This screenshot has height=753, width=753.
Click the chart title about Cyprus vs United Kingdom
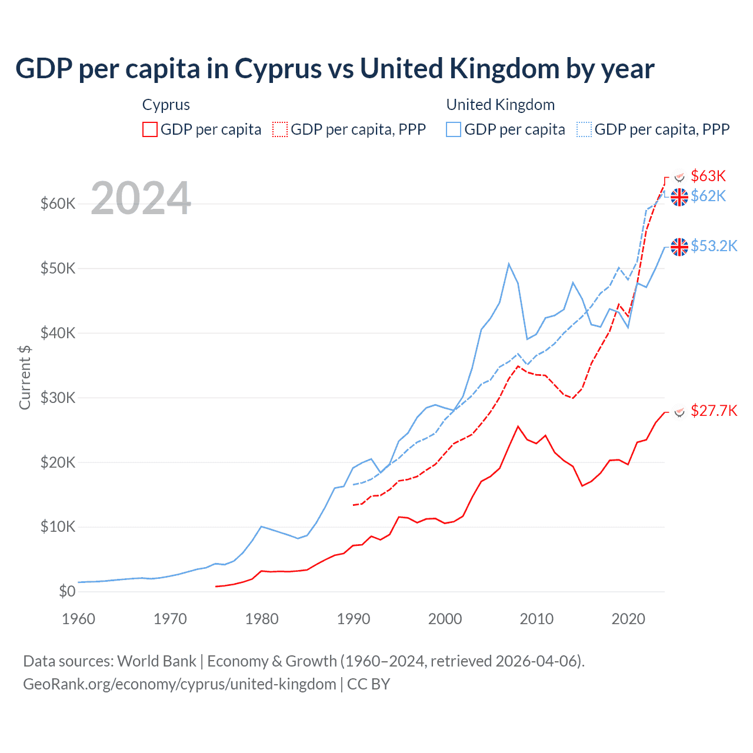[x=334, y=69]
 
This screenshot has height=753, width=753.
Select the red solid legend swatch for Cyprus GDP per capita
[x=150, y=129]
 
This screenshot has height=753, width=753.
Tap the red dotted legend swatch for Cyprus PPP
[x=280, y=129]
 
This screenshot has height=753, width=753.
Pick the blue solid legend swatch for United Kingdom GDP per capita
[x=454, y=129]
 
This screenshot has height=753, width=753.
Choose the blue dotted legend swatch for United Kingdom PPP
[x=584, y=129]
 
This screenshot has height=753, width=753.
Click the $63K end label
[x=708, y=176]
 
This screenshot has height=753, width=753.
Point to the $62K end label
[x=708, y=196]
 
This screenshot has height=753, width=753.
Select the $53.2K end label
[x=714, y=246]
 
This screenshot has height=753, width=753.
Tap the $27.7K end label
[x=714, y=411]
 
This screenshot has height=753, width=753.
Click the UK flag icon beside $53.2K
[x=679, y=247]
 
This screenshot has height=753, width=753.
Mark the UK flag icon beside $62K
[x=679, y=197]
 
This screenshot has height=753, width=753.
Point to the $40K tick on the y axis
[x=58, y=334]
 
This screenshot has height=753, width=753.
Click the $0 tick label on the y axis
[x=67, y=592]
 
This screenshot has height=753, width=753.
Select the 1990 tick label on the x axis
[x=354, y=619]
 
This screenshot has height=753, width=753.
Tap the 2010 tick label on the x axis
[x=537, y=619]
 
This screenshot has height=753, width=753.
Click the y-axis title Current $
[x=25, y=377]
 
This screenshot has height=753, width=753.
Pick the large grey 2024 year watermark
[x=141, y=198]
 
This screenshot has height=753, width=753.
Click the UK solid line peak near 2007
[x=509, y=264]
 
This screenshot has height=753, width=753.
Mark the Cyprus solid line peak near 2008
[x=518, y=427]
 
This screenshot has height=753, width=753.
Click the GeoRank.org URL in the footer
[x=179, y=684]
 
